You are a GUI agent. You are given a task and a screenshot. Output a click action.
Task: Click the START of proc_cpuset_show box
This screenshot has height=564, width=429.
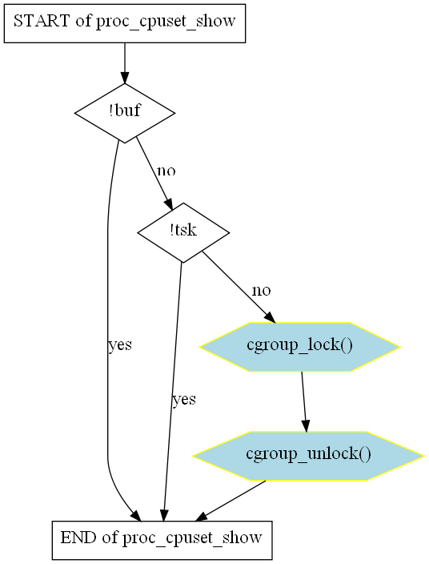click(x=125, y=23)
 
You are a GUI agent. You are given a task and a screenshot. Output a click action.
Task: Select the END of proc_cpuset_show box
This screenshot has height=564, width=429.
click(x=162, y=540)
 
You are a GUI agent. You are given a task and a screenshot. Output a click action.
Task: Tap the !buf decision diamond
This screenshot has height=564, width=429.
click(x=125, y=113)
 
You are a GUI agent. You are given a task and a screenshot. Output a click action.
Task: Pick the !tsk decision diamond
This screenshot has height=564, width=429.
click(x=183, y=232)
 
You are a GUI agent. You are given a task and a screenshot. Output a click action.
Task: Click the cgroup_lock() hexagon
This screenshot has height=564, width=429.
click(x=299, y=347)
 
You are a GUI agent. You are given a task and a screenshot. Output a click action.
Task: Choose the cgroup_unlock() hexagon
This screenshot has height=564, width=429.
click(x=308, y=456)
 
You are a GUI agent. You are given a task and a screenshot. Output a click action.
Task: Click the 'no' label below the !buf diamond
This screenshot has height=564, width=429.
click(x=166, y=171)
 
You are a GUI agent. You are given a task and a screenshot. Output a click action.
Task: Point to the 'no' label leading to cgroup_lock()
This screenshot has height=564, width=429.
click(x=261, y=290)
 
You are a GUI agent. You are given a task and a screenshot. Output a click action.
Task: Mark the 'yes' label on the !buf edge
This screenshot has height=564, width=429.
click(x=120, y=345)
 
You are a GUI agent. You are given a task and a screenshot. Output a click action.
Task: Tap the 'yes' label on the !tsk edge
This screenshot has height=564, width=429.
click(x=184, y=399)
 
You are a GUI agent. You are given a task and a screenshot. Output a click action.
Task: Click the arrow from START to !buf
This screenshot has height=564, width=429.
click(x=125, y=63)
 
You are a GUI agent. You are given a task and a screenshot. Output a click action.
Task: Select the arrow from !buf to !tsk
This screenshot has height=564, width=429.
click(x=154, y=173)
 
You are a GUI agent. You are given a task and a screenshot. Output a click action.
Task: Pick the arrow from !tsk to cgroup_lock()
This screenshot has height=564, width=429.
click(x=239, y=287)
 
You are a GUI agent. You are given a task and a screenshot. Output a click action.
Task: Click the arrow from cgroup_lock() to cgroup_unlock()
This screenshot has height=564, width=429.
click(x=304, y=402)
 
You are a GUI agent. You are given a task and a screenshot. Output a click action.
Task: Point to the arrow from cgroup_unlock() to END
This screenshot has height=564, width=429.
click(x=231, y=501)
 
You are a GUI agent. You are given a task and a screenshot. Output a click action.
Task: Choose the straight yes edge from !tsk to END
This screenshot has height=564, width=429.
click(x=172, y=392)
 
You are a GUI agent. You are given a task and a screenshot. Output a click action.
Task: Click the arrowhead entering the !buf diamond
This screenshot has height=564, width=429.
click(x=125, y=78)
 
